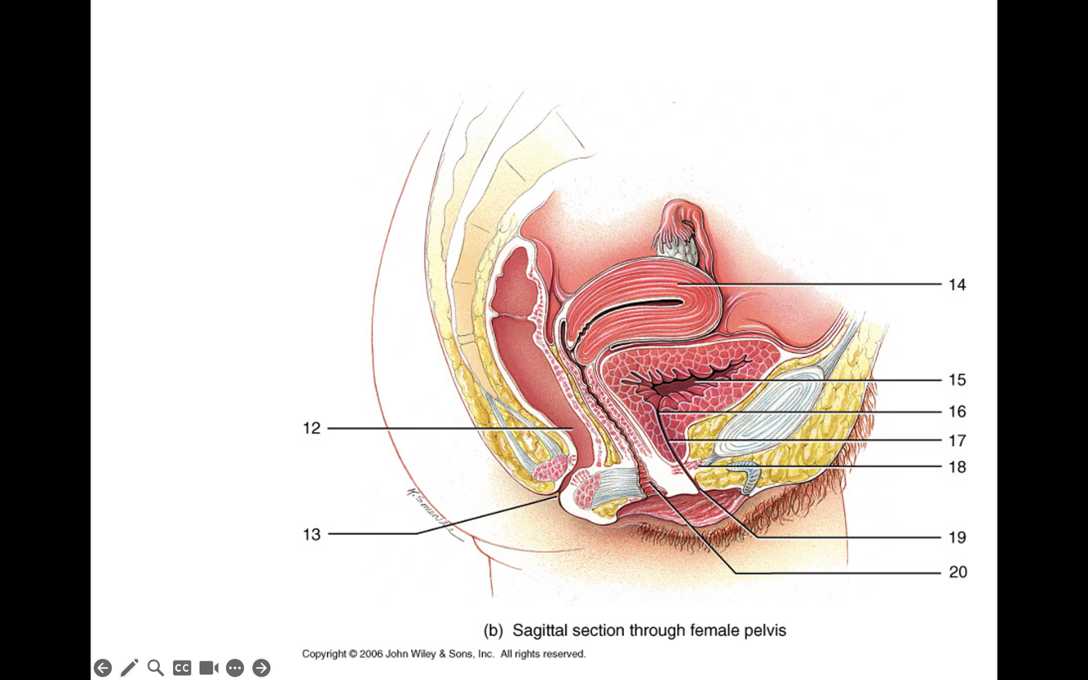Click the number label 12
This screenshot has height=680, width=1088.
pyautogui.click(x=312, y=428)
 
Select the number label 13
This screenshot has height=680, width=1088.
pyautogui.click(x=312, y=535)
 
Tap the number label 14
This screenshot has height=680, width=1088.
pyautogui.click(x=957, y=285)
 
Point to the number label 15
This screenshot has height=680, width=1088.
pyautogui.click(x=957, y=380)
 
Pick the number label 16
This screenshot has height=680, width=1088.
pyautogui.click(x=957, y=412)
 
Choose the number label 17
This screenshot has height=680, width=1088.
pyautogui.click(x=957, y=441)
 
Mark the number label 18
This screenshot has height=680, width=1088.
pyautogui.click(x=957, y=467)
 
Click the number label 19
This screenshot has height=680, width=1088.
pyautogui.click(x=957, y=537)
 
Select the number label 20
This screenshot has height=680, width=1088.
pyautogui.click(x=958, y=572)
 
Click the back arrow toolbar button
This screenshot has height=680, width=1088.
pyautogui.click(x=103, y=668)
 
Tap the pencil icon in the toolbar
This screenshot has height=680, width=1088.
pyautogui.click(x=129, y=668)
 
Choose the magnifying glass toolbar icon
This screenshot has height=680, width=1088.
pyautogui.click(x=155, y=668)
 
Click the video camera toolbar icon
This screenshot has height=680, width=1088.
pyautogui.click(x=208, y=668)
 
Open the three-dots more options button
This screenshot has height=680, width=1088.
pyautogui.click(x=235, y=668)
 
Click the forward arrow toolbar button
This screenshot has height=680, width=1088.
pyautogui.click(x=261, y=668)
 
